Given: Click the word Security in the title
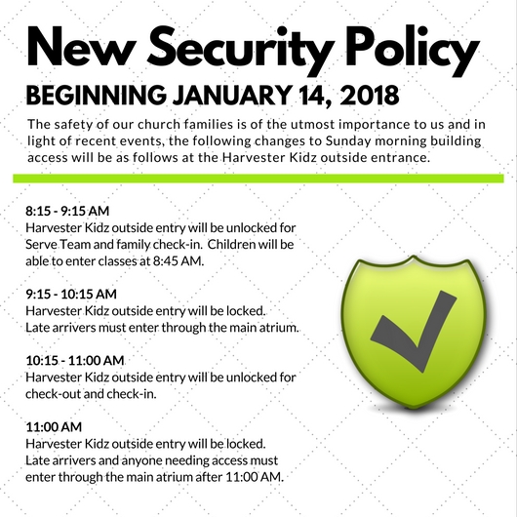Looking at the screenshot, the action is pyautogui.click(x=240, y=50).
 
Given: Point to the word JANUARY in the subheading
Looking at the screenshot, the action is pyautogui.click(x=231, y=95).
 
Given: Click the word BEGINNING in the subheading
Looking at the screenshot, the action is pyautogui.click(x=97, y=95).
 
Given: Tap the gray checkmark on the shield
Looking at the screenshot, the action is pyautogui.click(x=414, y=331).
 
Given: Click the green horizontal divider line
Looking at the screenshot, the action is pyautogui.click(x=258, y=179).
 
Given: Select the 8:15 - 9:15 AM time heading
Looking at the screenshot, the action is pyautogui.click(x=67, y=211).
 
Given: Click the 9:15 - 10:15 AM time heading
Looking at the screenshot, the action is pyautogui.click(x=71, y=295).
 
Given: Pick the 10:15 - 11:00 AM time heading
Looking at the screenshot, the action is pyautogui.click(x=75, y=360).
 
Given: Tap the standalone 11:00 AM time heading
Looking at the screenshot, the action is pyautogui.click(x=54, y=427).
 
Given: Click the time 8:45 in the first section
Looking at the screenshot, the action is pyautogui.click(x=165, y=261).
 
